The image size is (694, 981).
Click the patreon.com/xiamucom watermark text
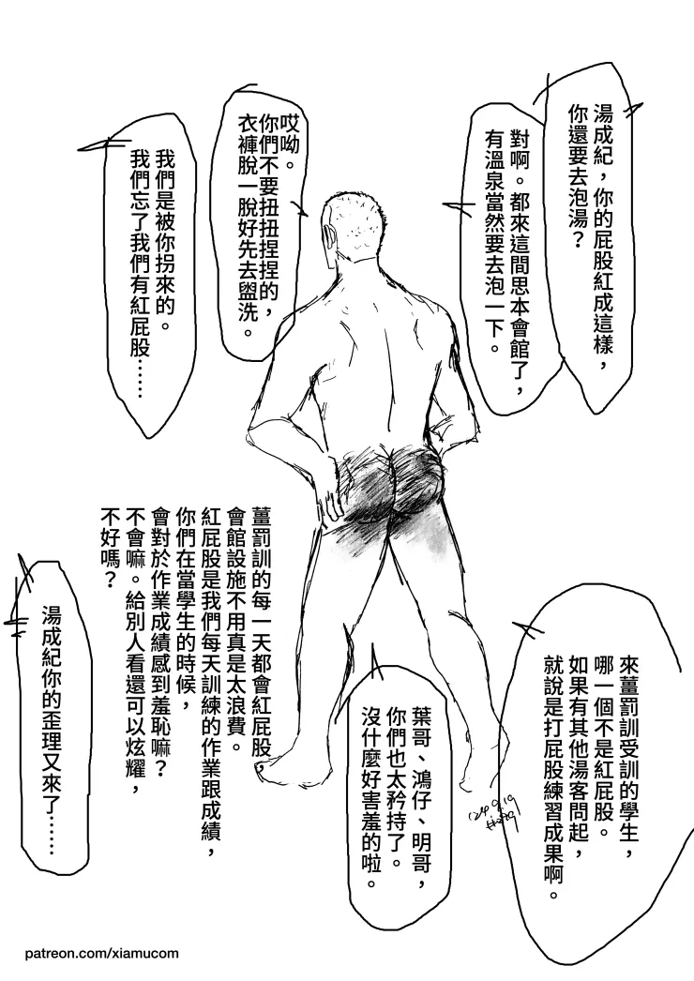102,954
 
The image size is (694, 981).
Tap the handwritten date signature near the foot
495,812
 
